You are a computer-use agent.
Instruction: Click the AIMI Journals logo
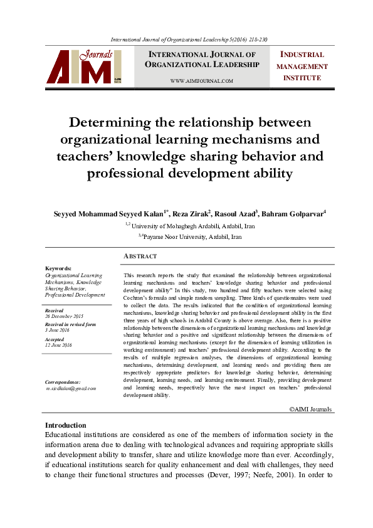point(84,66)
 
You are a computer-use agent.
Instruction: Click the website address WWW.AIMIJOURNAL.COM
point(201,81)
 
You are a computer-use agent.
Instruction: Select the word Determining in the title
point(115,122)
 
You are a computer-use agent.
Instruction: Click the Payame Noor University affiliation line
point(190,237)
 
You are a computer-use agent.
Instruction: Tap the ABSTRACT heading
point(140,256)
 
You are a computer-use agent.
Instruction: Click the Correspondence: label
point(63,382)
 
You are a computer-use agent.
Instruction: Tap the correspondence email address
point(71,389)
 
